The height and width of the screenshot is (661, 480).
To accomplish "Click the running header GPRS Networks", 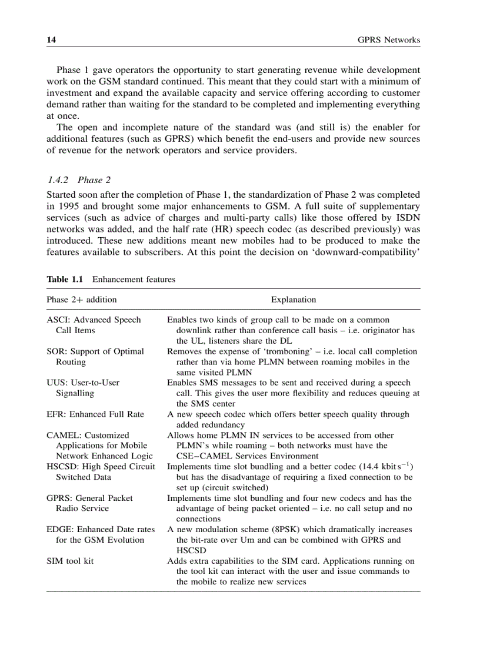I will coord(389,40).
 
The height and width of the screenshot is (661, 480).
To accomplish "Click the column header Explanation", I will coord(293,300).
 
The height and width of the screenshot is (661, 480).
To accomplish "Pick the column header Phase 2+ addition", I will coord(82,300).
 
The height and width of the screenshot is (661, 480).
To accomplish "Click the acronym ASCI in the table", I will coord(58,320).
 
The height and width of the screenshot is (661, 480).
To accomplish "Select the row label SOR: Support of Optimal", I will coord(95,351).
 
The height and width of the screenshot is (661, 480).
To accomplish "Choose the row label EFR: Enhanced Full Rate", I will coord(95,414).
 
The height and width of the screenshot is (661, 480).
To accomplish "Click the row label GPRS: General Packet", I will coord(89,498).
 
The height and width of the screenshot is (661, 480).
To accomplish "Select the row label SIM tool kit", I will coord(70,561).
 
